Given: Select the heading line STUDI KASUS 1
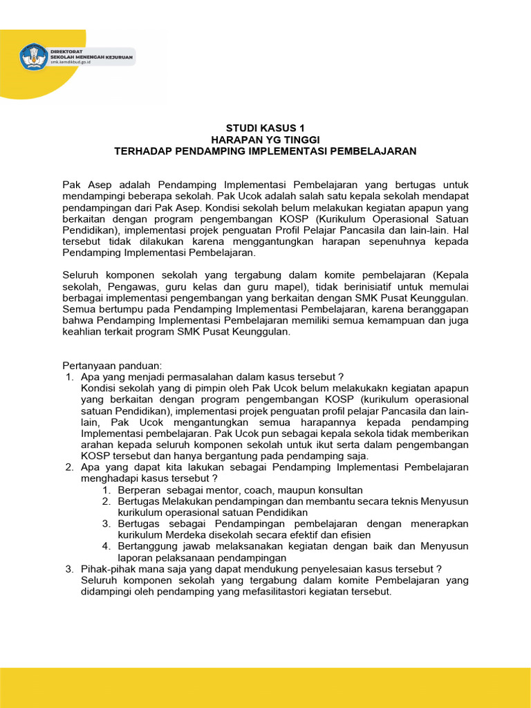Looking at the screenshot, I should click(265, 128).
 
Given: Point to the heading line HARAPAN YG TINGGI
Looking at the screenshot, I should click(265, 139).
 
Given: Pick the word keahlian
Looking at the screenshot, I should click(84, 331).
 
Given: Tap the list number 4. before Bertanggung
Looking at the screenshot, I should click(106, 546).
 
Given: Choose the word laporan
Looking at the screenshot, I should click(136, 557).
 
